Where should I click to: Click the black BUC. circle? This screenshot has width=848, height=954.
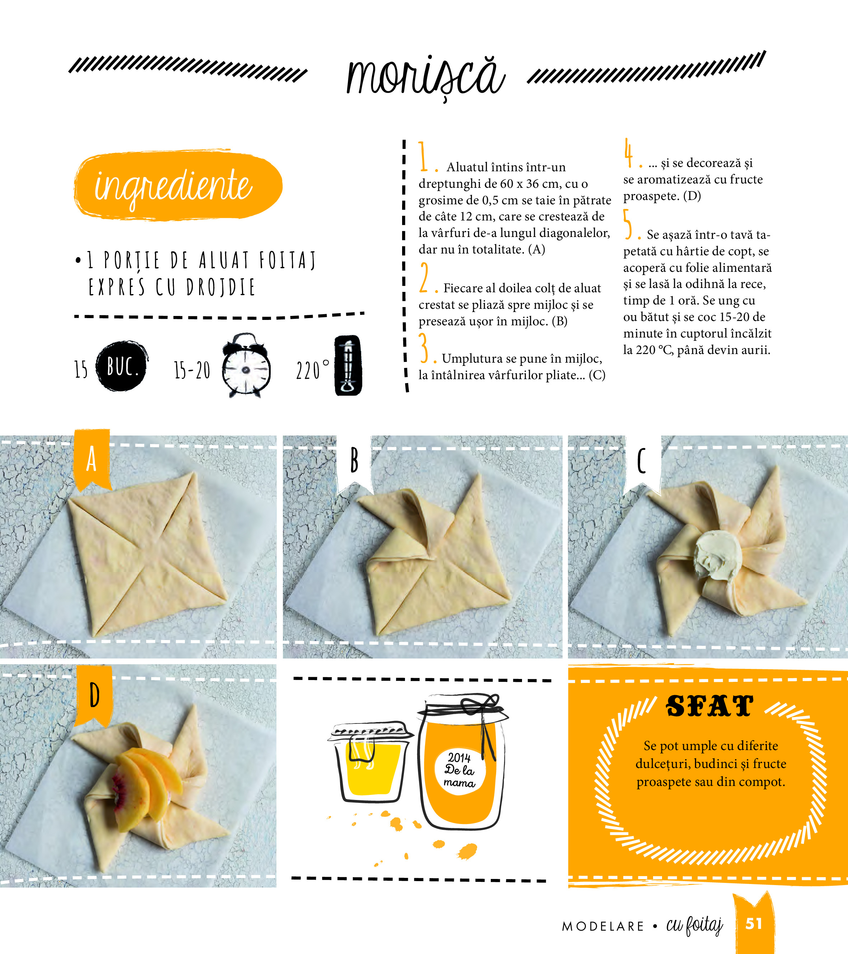pos(122,366)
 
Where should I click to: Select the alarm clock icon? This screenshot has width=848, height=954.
pos(246,366)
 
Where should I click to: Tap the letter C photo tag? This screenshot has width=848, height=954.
pos(643,462)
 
